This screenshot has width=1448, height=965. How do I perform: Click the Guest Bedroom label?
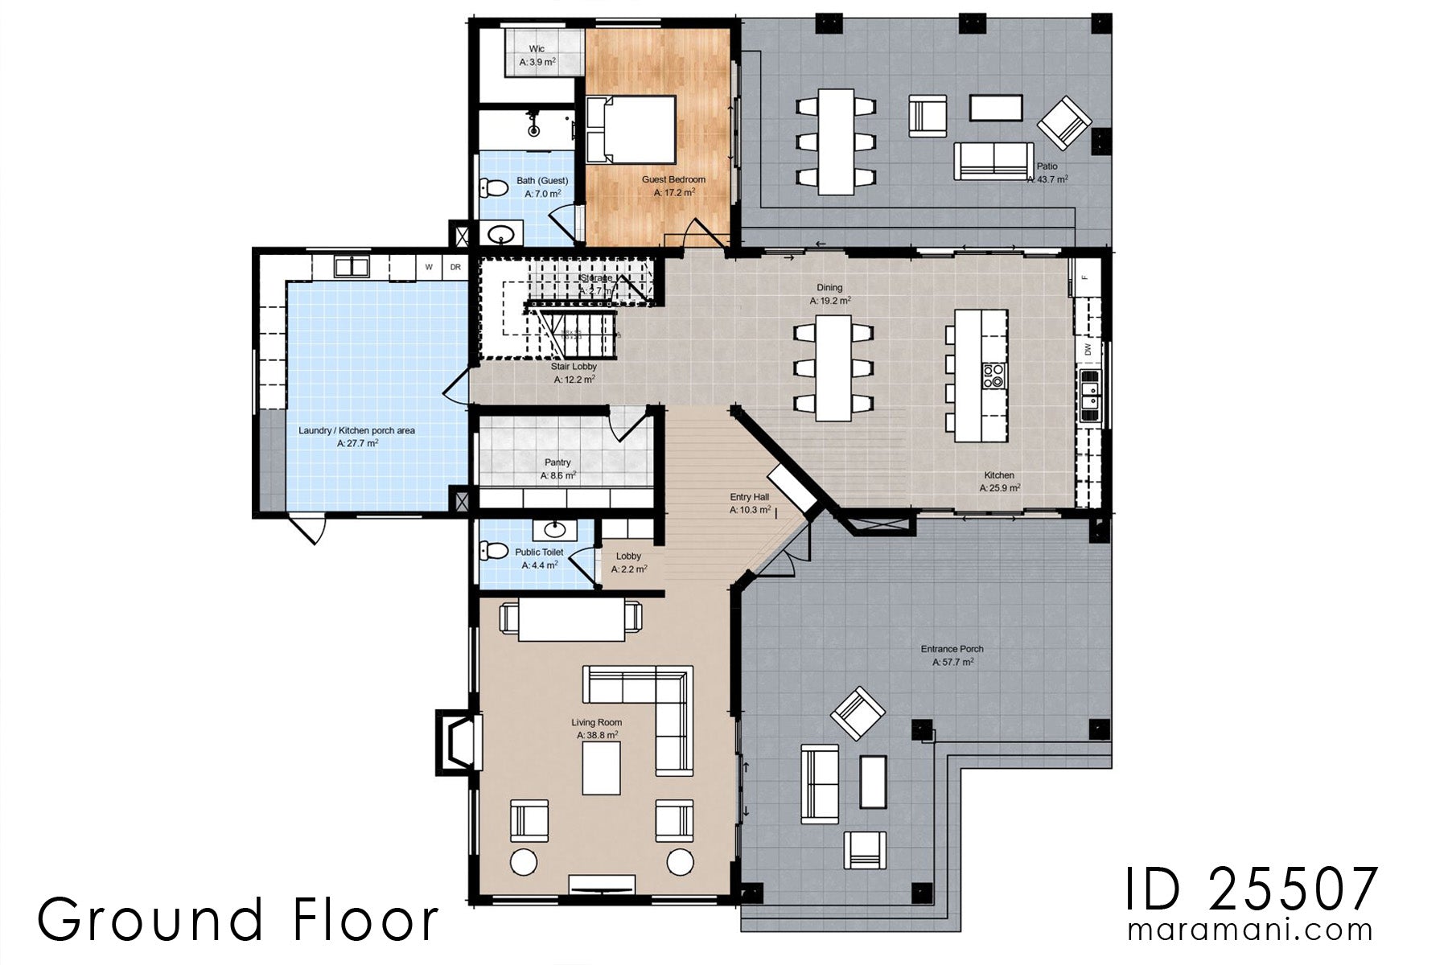coord(673,179)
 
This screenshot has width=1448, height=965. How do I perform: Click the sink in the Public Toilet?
coord(554,529)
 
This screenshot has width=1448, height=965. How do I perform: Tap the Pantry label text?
coord(557,462)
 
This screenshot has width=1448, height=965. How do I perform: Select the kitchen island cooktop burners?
coord(993,376)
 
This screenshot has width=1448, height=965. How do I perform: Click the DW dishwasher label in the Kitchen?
coord(1088,349)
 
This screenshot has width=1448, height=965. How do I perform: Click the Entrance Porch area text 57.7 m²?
coord(952,663)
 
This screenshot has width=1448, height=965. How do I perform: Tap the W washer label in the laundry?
coord(429,267)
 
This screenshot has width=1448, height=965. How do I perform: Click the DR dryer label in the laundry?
coord(455,267)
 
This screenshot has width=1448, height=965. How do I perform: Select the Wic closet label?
coord(537,49)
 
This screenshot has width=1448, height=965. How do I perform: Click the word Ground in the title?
coord(150,919)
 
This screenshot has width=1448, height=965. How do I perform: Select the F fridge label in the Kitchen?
coord(1084,277)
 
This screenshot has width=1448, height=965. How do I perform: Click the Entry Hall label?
coord(749,497)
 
